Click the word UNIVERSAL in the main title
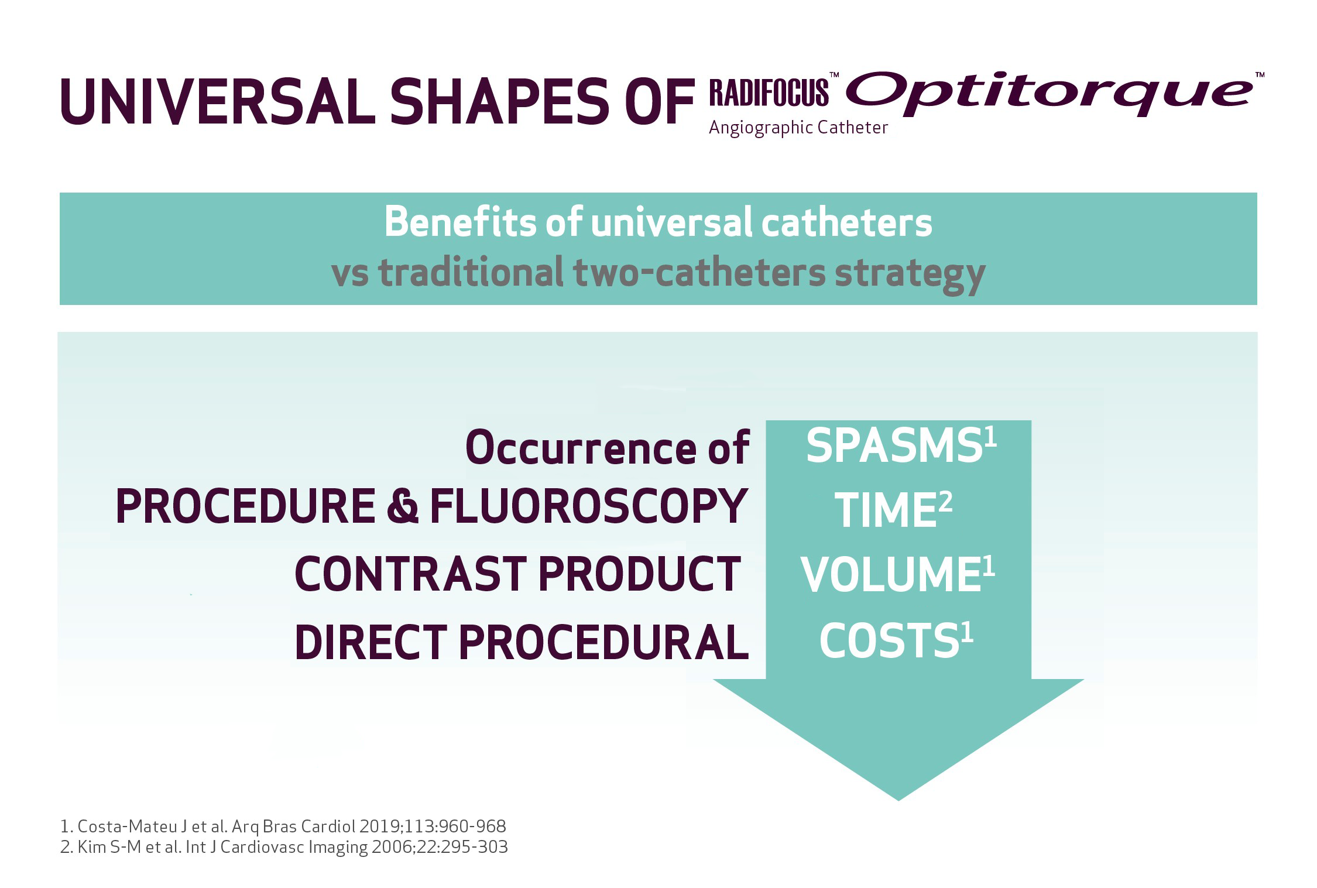218,101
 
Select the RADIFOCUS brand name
769,92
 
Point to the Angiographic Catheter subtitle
798,128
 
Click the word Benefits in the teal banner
459,222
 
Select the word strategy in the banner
910,274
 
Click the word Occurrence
581,448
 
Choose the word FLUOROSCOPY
589,506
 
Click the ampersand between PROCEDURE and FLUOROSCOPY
403,506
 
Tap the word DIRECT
371,642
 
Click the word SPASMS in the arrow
894,446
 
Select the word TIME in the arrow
886,510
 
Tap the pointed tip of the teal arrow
898,800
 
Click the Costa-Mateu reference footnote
283,827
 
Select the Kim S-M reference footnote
284,847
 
